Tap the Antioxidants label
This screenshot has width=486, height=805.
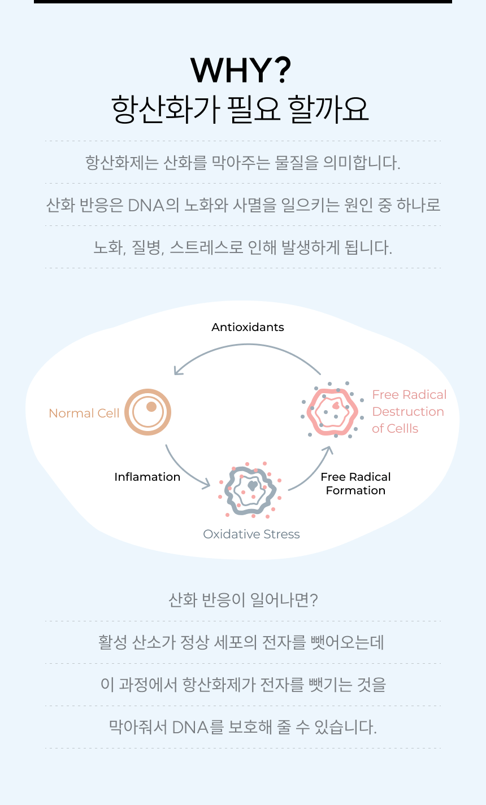point(248,327)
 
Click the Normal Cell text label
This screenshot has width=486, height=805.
point(84,413)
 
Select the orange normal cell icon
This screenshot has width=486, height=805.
point(148,412)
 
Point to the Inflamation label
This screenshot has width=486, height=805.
point(147,477)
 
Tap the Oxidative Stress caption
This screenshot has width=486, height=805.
point(251,534)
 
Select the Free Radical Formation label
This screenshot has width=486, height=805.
point(355,484)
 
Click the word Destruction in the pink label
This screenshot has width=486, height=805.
point(408,412)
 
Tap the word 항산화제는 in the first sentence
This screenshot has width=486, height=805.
point(122,163)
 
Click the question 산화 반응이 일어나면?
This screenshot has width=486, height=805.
point(243,599)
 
